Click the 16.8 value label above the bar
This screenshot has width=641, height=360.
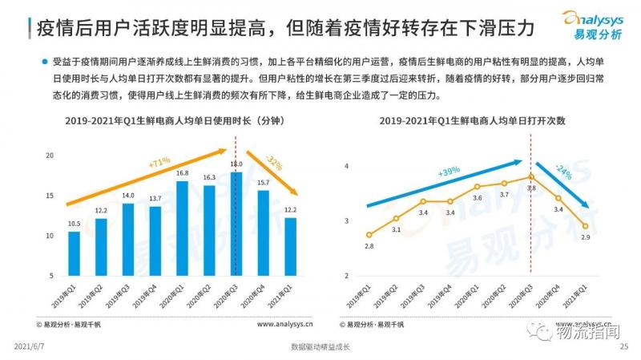click(182, 172)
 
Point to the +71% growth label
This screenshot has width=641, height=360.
click(159, 163)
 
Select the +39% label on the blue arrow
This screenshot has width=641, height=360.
click(449, 172)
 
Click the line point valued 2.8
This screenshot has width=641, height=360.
click(369, 235)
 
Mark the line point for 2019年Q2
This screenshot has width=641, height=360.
click(396, 218)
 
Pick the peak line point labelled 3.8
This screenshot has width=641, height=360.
click(530, 177)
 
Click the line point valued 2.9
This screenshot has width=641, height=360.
click(585, 226)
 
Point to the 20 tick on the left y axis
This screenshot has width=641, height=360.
click(50, 155)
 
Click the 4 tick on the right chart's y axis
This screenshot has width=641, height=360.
click(346, 166)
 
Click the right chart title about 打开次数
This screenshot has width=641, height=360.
click(473, 120)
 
